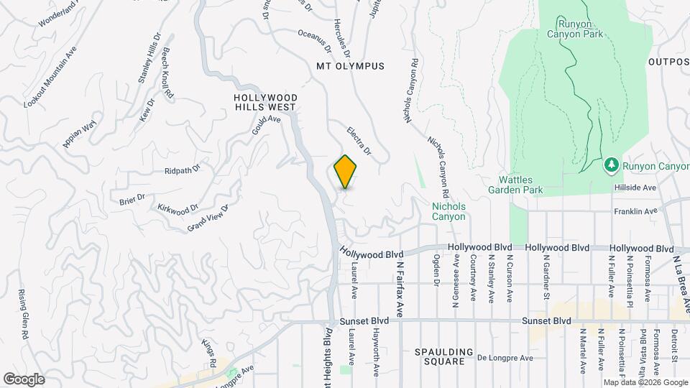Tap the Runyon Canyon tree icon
(611, 166)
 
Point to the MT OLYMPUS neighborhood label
(350, 66)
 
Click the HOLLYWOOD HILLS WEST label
(265, 101)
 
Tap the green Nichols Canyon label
(448, 211)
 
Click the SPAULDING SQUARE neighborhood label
(444, 357)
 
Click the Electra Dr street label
(359, 142)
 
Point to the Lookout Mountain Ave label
(50, 78)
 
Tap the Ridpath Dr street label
(182, 170)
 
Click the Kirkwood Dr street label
(178, 208)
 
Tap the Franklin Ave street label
(635, 211)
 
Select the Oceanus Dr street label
(315, 41)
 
